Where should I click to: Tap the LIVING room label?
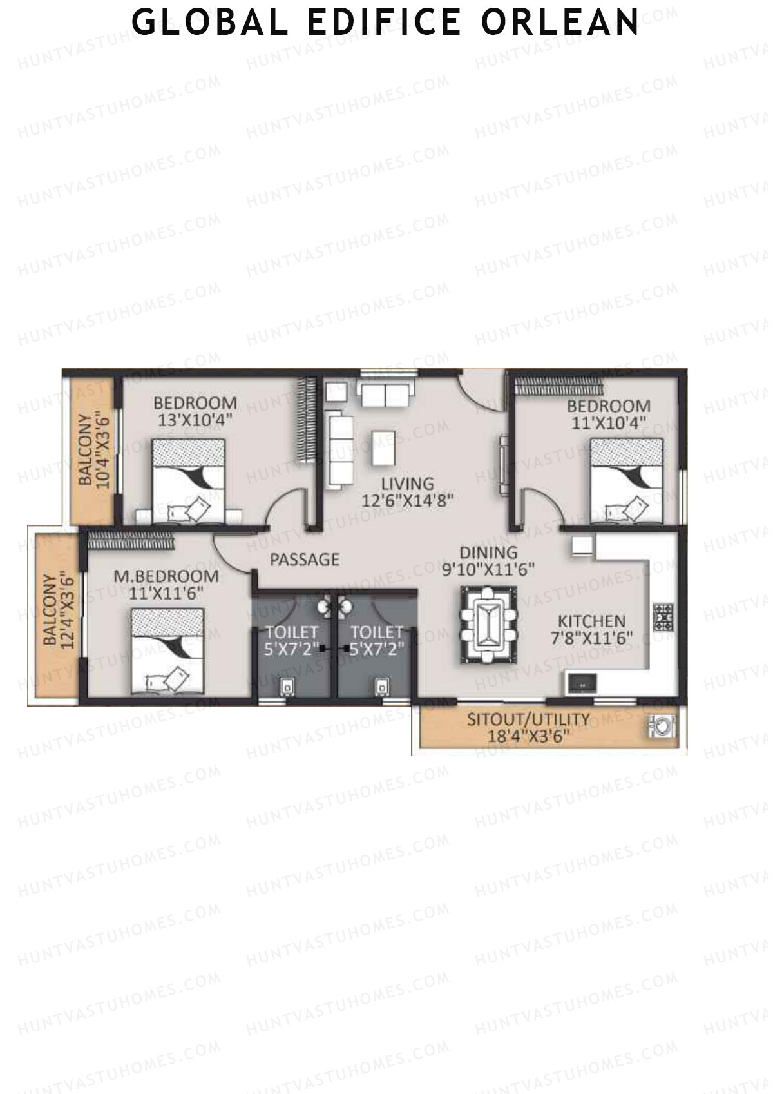407,484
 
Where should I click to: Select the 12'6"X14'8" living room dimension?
408,500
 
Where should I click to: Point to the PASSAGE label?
304,560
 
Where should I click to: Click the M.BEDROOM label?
166,576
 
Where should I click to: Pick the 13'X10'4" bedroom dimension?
195,419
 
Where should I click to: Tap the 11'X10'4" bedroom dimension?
608,422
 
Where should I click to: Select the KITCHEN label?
591,621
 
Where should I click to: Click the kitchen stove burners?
663,616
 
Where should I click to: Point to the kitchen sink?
582,682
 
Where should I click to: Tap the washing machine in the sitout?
662,727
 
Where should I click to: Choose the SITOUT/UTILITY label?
528,719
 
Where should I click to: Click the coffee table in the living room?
383,447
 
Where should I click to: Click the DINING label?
488,552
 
